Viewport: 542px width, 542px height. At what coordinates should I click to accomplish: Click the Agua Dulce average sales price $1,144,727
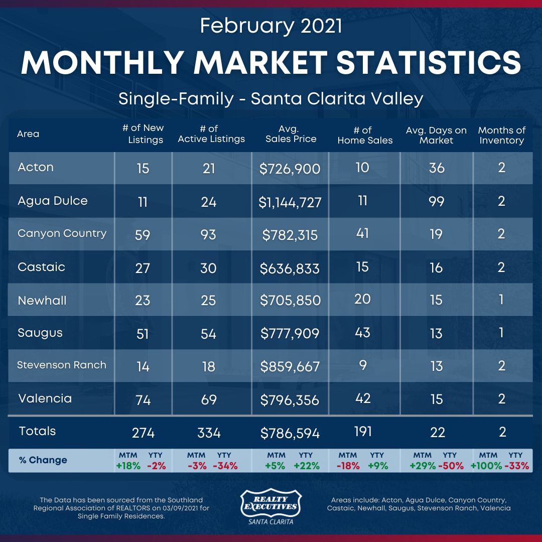tap(290, 202)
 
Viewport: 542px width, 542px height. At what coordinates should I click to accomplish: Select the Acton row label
tap(36, 167)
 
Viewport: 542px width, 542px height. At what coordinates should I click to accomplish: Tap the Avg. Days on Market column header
tap(436, 135)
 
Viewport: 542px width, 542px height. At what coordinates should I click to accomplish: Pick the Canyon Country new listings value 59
tap(143, 234)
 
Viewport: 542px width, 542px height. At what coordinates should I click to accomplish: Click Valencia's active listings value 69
tap(208, 399)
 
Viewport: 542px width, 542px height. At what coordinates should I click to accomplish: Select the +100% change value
tap(486, 465)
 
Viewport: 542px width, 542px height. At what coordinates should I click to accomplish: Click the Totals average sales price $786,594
tap(290, 432)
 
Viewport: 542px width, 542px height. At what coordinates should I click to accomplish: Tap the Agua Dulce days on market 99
tap(437, 201)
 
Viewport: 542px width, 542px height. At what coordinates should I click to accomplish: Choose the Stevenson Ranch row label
tap(62, 365)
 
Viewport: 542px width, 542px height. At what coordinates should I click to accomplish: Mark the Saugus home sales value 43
tap(362, 332)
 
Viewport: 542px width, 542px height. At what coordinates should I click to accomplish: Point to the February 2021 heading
tap(271, 26)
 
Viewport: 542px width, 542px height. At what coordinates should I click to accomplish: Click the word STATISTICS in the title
tap(429, 63)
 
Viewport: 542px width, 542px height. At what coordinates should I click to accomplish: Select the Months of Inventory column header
tap(502, 135)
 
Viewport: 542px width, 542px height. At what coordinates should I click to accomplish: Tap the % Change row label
tap(43, 460)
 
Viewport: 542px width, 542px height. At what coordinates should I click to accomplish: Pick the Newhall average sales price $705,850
tap(290, 300)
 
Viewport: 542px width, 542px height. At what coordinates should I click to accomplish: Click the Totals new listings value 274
tap(143, 432)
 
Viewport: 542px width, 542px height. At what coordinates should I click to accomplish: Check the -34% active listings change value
tap(225, 465)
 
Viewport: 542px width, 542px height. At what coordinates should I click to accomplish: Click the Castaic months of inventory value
tap(501, 267)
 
